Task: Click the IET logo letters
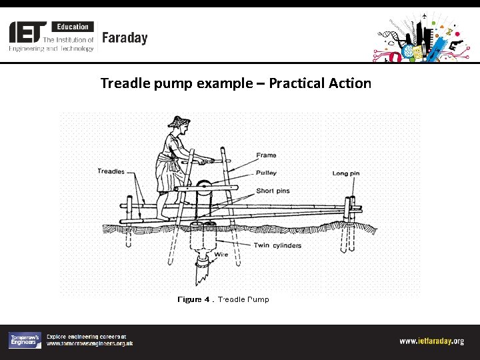tap(28, 31)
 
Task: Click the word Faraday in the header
tap(125, 38)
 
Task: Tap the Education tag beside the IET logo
tap(73, 27)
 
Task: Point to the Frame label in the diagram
tap(266, 155)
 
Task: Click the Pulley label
tap(266, 173)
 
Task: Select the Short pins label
tap(273, 191)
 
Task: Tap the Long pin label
tap(346, 174)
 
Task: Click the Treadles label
tap(111, 171)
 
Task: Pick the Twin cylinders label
tap(277, 245)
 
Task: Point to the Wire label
tap(221, 255)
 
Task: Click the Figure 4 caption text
tap(223, 299)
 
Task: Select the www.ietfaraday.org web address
tap(431, 341)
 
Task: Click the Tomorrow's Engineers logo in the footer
tap(25, 340)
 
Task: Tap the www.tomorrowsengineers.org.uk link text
tap(89, 343)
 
